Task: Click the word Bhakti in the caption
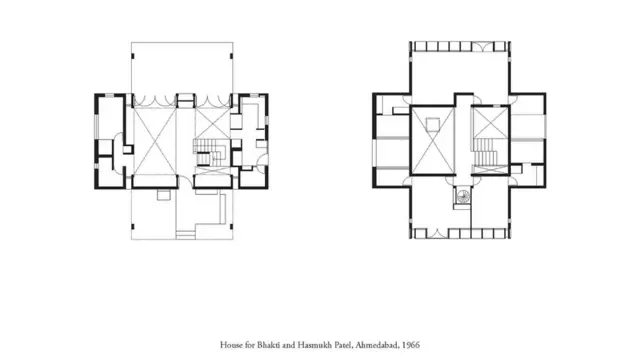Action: point(268,345)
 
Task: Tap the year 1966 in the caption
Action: point(411,345)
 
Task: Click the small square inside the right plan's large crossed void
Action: point(433,124)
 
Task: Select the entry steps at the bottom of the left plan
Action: point(185,235)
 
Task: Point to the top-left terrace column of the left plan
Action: point(133,56)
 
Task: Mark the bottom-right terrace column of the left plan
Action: point(231,227)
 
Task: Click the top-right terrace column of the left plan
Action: point(231,56)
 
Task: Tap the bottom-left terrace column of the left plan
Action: point(133,227)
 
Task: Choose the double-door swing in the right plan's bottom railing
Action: point(438,233)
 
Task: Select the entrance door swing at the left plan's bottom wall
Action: point(185,181)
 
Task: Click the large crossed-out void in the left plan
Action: point(155,141)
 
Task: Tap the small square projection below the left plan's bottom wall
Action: point(163,195)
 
